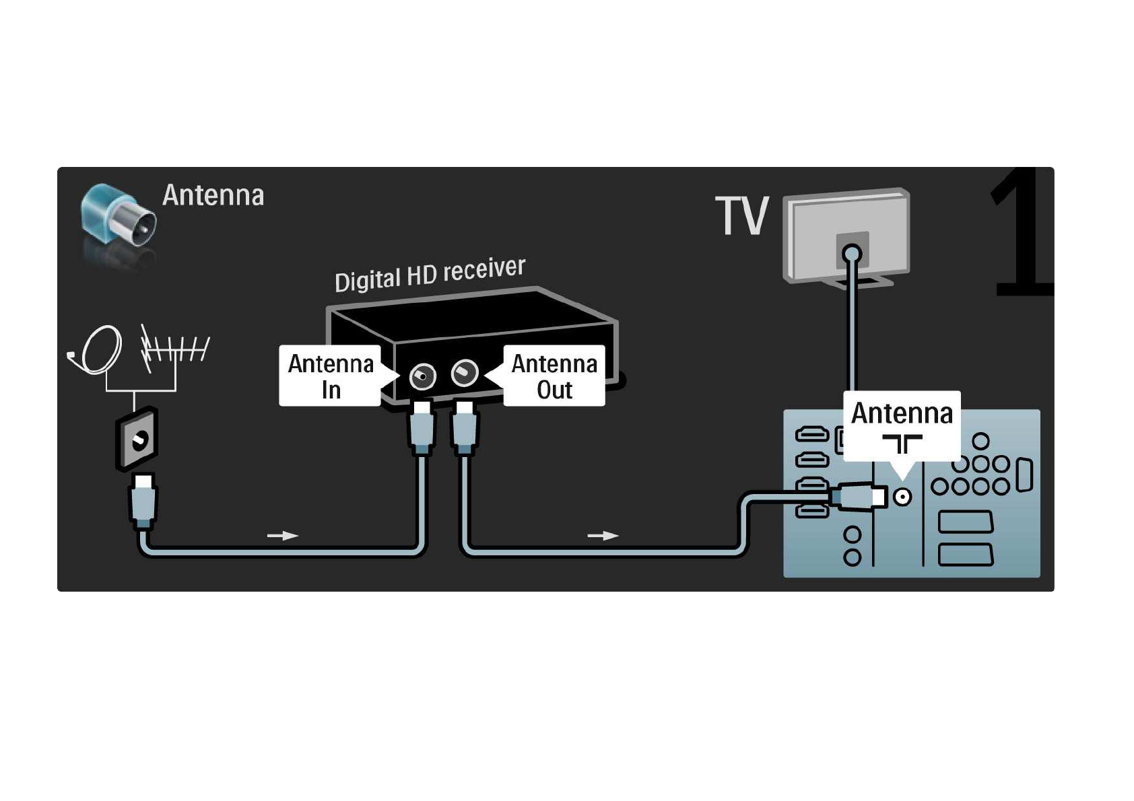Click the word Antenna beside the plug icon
pyautogui.click(x=213, y=195)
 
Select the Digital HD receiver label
pyautogui.click(x=430, y=274)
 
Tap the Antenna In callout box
pyautogui.click(x=330, y=376)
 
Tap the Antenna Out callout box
pyautogui.click(x=554, y=376)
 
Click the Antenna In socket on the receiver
pyautogui.click(x=423, y=376)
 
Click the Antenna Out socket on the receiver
pyautogui.click(x=465, y=372)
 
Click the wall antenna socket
pyautogui.click(x=137, y=440)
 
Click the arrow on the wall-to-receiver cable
pyautogui.click(x=282, y=536)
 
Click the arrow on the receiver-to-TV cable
pyautogui.click(x=603, y=536)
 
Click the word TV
pyautogui.click(x=741, y=217)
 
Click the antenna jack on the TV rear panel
pyautogui.click(x=902, y=497)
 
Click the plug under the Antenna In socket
pyautogui.click(x=422, y=427)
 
